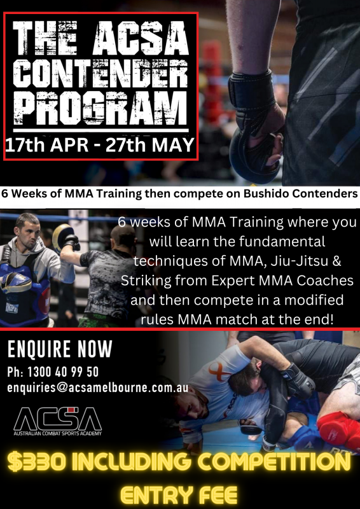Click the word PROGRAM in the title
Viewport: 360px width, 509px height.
100,108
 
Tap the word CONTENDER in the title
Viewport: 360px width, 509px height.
100,73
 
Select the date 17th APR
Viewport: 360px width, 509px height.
46,145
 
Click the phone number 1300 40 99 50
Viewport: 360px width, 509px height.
63,372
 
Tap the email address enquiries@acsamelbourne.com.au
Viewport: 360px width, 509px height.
98,388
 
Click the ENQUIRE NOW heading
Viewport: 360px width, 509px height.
60,349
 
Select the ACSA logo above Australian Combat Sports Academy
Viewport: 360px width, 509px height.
57,419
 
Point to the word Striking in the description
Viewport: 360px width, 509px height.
142,281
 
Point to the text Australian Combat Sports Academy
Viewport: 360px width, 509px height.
57,433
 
